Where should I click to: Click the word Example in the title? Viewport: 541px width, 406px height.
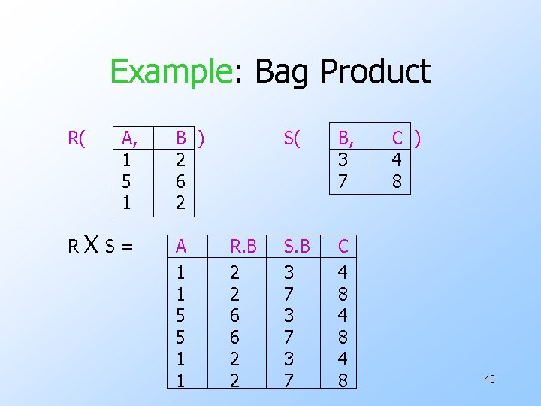pos(170,71)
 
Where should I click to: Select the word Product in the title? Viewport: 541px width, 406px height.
pos(376,71)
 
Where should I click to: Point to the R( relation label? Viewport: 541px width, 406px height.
pos(77,138)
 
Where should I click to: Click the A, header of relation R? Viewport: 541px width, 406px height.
pos(129,138)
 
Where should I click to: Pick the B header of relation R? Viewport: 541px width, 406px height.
pos(181,138)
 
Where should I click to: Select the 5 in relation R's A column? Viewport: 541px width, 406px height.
pos(127,181)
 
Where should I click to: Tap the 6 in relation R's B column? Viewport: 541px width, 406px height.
pos(180,181)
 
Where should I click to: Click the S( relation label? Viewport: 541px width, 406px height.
pos(292,138)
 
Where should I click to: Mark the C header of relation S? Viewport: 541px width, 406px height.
pos(398,138)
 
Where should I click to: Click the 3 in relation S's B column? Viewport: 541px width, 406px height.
pos(343,160)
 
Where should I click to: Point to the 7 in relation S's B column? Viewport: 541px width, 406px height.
pos(343,181)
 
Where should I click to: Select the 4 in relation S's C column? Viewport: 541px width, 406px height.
pos(396,160)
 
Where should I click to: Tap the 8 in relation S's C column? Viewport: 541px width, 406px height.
pos(396,181)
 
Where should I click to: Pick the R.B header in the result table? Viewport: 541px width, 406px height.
pos(243,246)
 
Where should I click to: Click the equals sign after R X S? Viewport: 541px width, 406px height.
pos(128,247)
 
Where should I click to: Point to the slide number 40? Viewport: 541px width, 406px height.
pos(489,379)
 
